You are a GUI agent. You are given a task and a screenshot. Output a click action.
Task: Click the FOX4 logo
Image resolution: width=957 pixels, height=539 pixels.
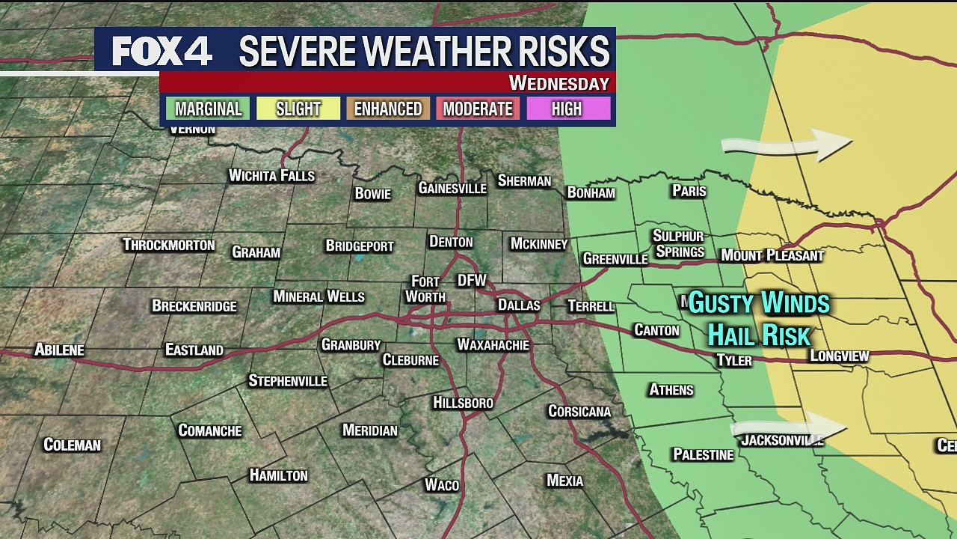click(162, 51)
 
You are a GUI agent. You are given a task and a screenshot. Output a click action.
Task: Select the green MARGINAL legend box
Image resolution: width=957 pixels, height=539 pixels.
click(208, 109)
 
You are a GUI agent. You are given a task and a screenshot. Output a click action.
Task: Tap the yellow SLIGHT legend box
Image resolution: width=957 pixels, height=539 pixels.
click(298, 109)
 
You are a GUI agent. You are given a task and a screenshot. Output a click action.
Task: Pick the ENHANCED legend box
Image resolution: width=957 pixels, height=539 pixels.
click(387, 109)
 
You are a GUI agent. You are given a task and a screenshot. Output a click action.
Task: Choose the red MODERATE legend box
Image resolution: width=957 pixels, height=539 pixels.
click(478, 109)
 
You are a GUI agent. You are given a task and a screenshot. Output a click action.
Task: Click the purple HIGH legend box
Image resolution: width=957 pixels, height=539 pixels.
click(567, 109)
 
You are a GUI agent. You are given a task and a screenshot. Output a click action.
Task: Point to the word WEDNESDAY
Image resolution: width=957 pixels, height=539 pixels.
click(558, 83)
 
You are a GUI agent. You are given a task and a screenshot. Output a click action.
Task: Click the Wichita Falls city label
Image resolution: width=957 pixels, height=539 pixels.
click(271, 176)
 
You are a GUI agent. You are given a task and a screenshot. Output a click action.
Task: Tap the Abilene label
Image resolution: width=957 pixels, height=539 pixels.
click(59, 350)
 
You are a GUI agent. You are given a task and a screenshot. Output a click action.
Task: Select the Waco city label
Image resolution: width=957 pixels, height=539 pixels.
click(441, 485)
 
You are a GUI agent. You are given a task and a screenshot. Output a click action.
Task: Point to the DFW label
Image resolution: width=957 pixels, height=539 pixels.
click(472, 281)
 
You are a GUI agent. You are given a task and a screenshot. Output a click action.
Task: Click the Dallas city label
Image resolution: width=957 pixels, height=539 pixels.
click(519, 305)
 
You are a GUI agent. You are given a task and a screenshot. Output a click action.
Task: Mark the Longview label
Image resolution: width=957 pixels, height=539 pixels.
click(840, 356)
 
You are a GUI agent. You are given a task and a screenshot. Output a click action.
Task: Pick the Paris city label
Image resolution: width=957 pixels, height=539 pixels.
click(689, 191)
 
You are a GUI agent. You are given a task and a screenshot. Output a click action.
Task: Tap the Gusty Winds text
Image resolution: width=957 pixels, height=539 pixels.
click(759, 303)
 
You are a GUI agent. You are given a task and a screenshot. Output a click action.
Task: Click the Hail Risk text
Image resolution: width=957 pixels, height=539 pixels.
click(759, 335)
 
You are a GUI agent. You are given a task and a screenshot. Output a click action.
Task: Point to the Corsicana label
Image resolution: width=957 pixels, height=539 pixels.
click(579, 412)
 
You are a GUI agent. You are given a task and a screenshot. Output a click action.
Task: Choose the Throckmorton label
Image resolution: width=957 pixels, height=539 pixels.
click(168, 245)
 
